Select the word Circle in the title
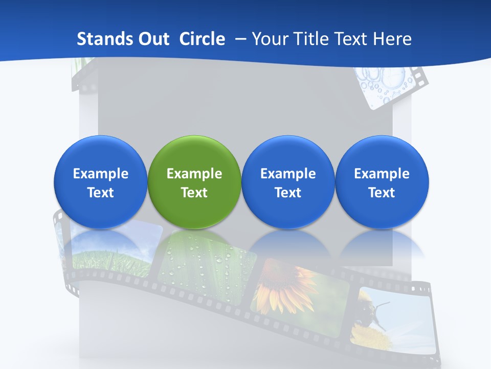click(202, 39)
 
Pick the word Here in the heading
click(393, 39)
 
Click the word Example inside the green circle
click(194, 174)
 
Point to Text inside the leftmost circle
click(100, 193)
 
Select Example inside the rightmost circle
click(382, 174)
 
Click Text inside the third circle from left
click(288, 193)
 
